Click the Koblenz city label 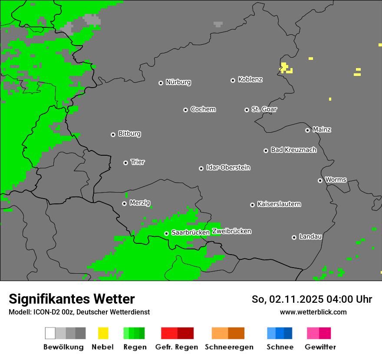[250, 79]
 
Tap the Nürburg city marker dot [161, 82]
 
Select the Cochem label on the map [203, 109]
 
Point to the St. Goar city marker [247, 110]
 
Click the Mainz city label [322, 129]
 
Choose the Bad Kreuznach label [293, 150]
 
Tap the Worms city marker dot [320, 180]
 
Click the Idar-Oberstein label [228, 167]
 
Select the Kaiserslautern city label [279, 204]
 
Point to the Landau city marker [294, 237]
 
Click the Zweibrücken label [231, 231]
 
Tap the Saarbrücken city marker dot [166, 233]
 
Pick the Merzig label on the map [140, 203]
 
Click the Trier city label [138, 162]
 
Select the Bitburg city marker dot [113, 134]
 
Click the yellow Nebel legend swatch [103, 333]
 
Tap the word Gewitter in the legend [320, 347]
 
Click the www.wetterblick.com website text [313, 312]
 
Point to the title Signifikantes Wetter [72, 299]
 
